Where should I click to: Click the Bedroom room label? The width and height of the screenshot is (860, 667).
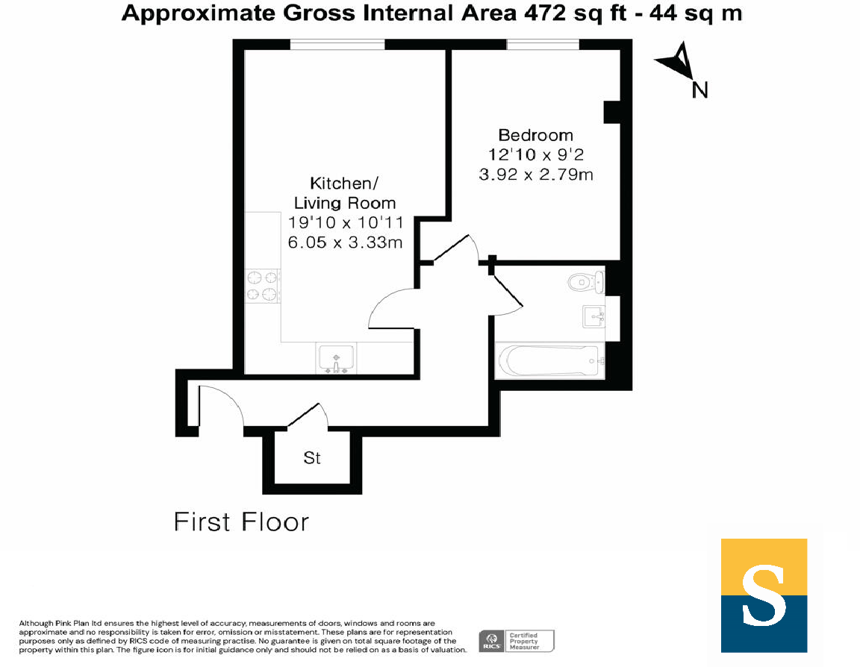(535, 135)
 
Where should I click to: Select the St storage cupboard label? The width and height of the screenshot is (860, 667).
(312, 458)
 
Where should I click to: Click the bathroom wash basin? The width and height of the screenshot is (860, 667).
(594, 317)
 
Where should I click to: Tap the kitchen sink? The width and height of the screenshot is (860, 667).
(336, 358)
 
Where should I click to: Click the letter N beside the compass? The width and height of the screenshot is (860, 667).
(699, 90)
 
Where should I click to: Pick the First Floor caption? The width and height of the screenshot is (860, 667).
(241, 522)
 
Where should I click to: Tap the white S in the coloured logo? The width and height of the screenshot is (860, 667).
(764, 596)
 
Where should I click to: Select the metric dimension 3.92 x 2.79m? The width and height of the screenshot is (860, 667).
(535, 175)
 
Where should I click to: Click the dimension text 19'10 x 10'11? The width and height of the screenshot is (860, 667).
(346, 222)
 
